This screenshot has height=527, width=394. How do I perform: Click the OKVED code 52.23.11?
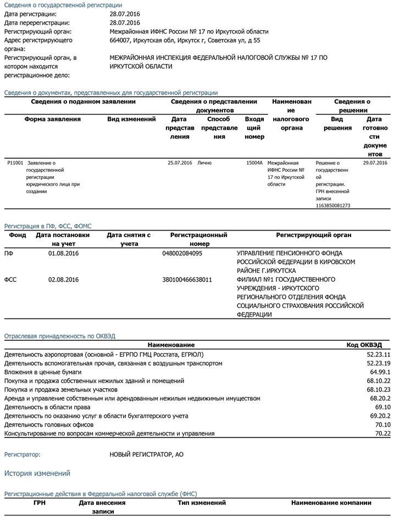tap(379, 355)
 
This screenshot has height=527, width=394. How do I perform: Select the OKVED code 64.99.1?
tap(379, 372)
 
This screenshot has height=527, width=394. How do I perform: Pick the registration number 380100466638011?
tap(187, 279)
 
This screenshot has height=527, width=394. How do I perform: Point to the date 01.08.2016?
tap(64, 254)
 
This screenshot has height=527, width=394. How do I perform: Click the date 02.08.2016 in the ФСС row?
tap(64, 279)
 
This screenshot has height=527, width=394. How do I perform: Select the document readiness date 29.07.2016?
tap(375, 163)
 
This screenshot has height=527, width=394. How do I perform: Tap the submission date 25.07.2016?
tap(180, 163)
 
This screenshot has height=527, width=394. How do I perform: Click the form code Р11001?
tap(15, 163)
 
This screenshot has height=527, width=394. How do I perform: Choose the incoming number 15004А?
tap(254, 163)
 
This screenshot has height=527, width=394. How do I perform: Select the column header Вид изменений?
tap(131, 119)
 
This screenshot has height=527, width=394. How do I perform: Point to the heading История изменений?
tap(37, 473)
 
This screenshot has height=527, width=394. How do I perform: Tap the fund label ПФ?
tap(9, 254)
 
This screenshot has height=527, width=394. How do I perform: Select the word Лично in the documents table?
tap(204, 163)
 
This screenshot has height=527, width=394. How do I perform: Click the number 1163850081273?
tap(333, 206)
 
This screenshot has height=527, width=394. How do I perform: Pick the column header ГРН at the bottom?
tap(40, 502)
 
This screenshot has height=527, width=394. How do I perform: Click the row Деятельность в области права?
tap(44, 407)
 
